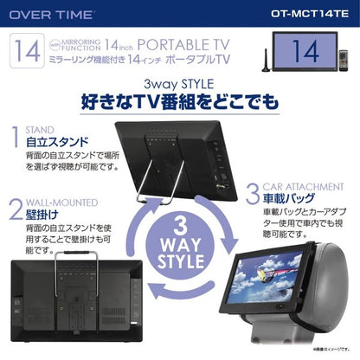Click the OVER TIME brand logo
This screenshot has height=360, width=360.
click(x=45, y=14)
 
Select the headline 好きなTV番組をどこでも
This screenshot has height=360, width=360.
click(x=179, y=105)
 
